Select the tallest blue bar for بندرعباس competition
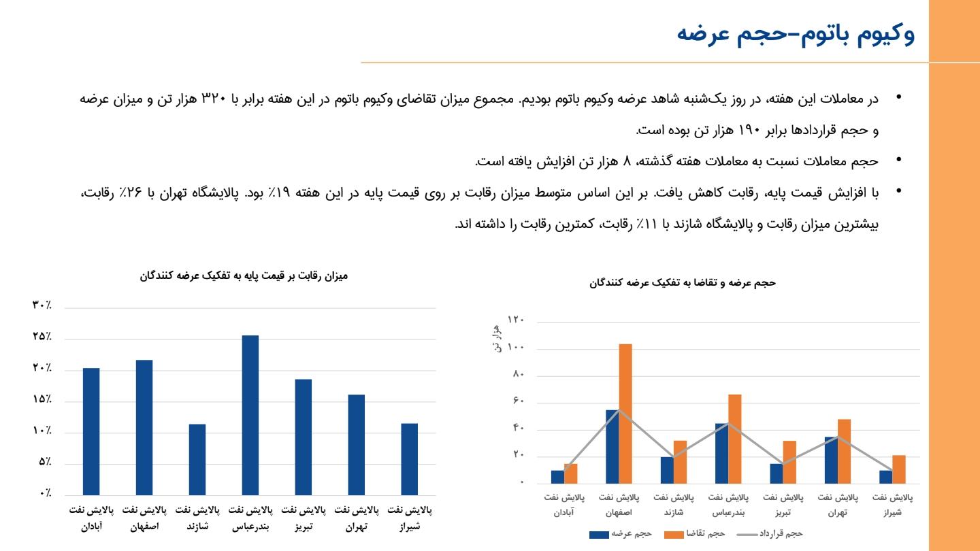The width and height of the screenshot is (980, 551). coord(250,415)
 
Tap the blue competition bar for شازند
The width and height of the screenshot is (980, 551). coord(197,459)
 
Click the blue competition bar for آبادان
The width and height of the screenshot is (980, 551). coord(91,431)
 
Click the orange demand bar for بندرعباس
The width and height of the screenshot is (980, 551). coord(734,439)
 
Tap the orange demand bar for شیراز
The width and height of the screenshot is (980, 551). coord(898,469)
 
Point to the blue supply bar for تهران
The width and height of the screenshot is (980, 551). coord(831,460)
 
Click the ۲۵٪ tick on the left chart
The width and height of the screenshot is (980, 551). coord(42,337)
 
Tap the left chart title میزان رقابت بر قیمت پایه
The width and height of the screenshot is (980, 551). coord(243,275)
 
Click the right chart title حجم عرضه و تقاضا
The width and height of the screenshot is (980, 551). coord(682,282)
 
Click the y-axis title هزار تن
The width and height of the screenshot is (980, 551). coord(496,339)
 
